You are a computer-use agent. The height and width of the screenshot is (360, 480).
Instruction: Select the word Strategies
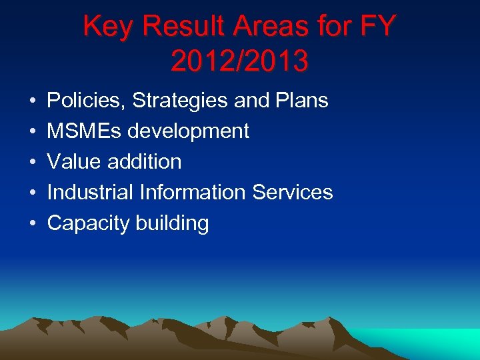coord(181,101)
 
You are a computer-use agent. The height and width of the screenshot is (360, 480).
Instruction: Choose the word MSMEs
coord(85,131)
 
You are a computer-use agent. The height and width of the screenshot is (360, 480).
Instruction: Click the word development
coord(189,131)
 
